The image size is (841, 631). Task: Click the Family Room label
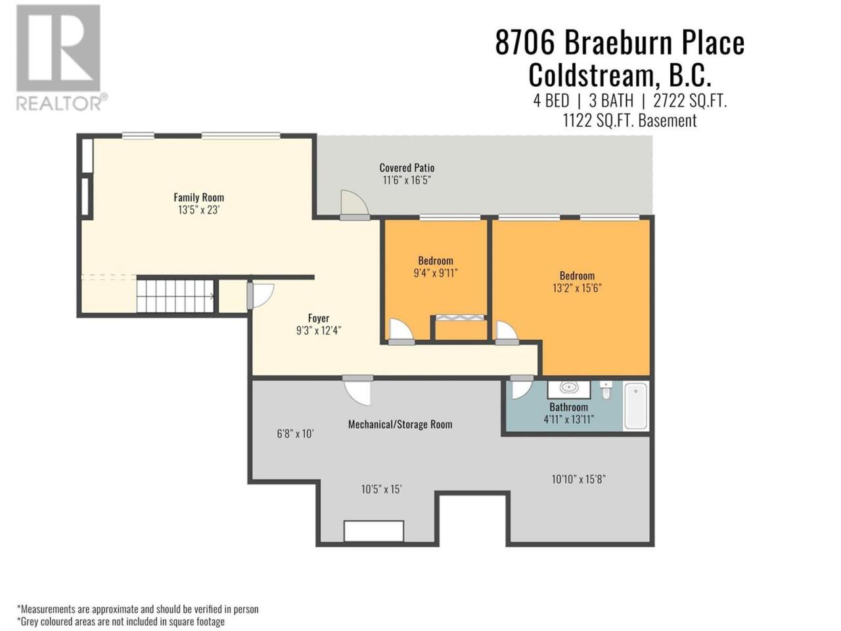tap(198, 197)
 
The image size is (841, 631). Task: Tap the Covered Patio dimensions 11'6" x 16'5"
tap(407, 180)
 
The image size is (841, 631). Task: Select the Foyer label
tap(319, 318)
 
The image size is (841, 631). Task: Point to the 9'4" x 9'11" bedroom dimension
tap(436, 273)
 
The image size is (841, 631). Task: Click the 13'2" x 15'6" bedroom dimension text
tap(577, 288)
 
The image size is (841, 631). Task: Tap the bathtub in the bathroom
tap(635, 406)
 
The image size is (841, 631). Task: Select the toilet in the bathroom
tap(606, 390)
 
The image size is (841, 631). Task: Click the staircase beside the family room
tap(175, 296)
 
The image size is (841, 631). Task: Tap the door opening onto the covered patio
tap(355, 205)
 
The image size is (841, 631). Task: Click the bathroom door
tap(522, 387)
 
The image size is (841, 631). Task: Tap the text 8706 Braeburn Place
tap(620, 43)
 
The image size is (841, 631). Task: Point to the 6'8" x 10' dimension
tap(296, 434)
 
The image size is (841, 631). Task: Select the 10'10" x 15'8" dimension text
tap(579, 479)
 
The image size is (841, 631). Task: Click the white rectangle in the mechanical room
tap(374, 530)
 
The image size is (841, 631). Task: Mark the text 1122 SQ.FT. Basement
tap(629, 121)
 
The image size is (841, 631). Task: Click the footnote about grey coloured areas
tap(121, 621)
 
